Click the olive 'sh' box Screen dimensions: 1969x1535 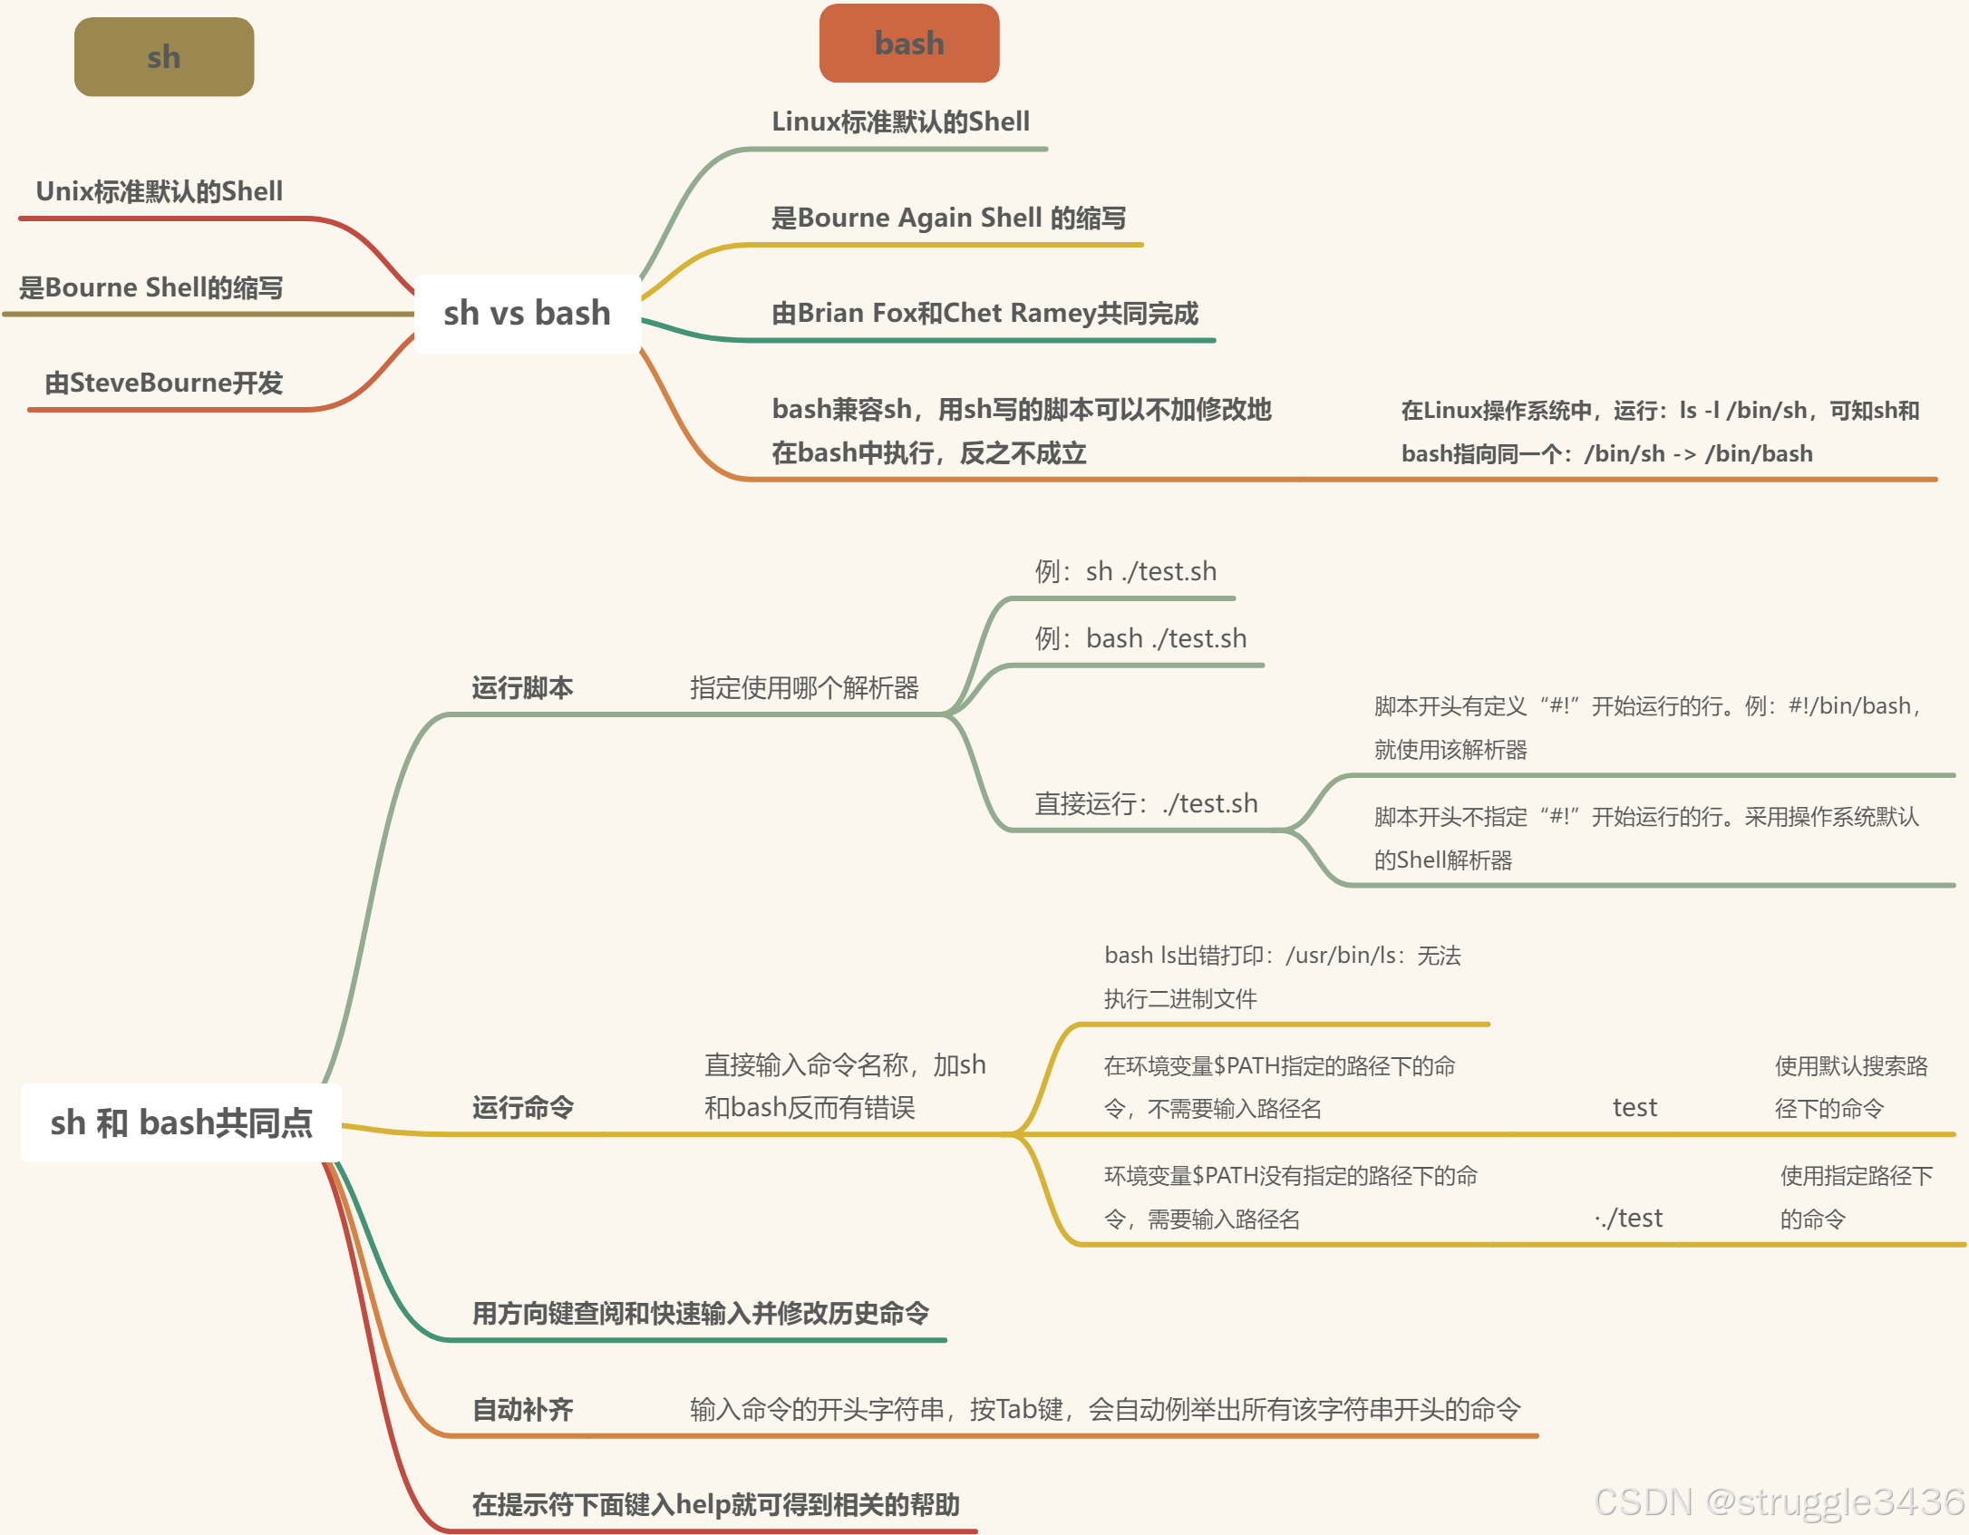pos(164,57)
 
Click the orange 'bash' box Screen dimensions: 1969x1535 pos(908,44)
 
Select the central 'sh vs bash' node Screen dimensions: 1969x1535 pos(527,313)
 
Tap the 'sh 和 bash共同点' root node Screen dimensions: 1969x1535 pos(181,1122)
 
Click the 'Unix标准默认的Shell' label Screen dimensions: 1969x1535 pos(160,191)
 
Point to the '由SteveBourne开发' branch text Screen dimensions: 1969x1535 pos(164,383)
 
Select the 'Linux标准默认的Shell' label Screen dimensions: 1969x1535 pos(900,121)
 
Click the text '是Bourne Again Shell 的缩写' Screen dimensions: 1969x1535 pos(948,218)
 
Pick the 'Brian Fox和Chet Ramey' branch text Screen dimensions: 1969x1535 pos(984,313)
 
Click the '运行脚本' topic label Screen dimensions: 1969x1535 pos(522,687)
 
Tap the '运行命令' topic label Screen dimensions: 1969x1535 pos(523,1107)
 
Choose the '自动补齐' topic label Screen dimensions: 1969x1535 pos(523,1409)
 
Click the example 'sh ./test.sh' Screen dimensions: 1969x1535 pos(1126,571)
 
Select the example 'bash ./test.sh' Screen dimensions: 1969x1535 pos(1140,638)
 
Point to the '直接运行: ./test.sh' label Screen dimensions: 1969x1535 pos(1146,803)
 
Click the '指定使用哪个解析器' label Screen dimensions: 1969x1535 pos(804,687)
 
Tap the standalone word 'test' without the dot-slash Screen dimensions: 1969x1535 pos(1634,1107)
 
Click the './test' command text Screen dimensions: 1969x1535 pos(1629,1218)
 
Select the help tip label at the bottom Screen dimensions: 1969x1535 pos(715,1504)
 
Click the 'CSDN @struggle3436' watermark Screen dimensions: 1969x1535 pos(1779,1501)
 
